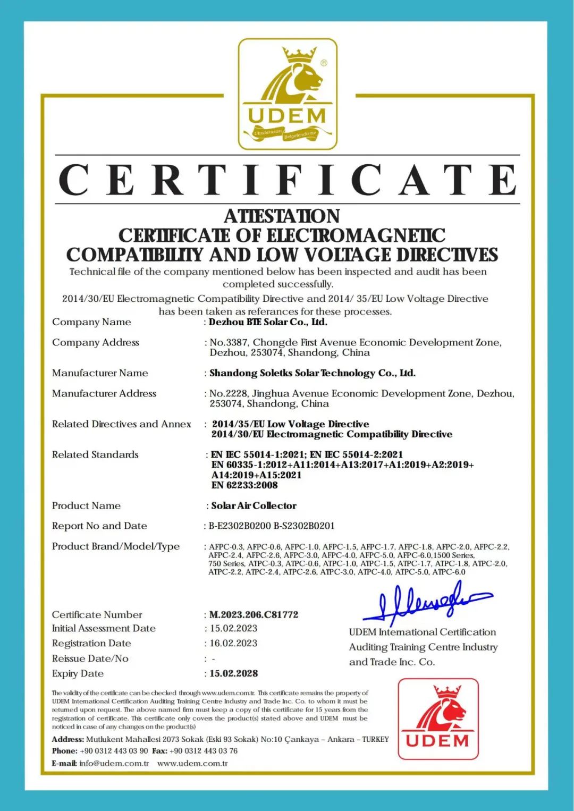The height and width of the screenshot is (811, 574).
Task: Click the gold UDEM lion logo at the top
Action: pos(288,94)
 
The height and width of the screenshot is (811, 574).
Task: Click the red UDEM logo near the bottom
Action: pos(438,719)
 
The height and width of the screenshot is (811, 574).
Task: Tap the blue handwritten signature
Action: pos(425,603)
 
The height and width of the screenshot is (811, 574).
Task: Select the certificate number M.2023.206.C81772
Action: pos(254,615)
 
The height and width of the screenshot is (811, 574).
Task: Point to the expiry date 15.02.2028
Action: pos(233,673)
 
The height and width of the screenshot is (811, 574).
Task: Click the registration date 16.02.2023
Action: pos(233,643)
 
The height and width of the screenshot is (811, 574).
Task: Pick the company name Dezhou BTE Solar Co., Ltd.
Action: pos(268,322)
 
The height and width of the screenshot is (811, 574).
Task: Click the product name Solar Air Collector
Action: pos(254,505)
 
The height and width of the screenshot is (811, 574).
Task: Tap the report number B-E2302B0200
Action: pos(240,526)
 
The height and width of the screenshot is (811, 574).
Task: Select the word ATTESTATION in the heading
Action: pos(282,216)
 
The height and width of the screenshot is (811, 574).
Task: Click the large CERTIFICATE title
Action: pos(288,180)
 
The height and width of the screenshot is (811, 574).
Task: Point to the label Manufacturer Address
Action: pos(104,393)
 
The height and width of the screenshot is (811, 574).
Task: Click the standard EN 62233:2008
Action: pos(244,485)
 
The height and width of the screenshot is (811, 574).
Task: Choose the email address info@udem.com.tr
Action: pos(114,763)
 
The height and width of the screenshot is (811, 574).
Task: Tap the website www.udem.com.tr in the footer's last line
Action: pos(192,763)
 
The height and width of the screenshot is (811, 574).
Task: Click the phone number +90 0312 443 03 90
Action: pos(114,750)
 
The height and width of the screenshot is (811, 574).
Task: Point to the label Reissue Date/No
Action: pos(90,658)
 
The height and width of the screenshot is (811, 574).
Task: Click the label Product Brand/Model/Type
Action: pos(116,546)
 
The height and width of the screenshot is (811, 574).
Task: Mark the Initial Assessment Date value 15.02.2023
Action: pos(233,628)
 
